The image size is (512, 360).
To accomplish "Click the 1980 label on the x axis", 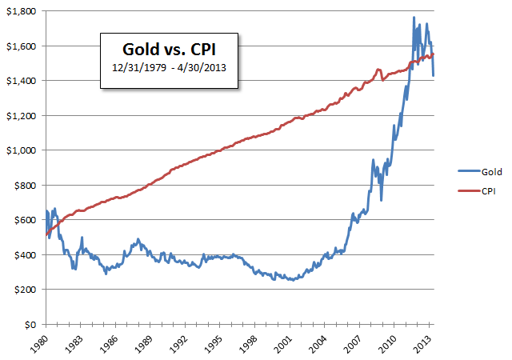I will [x=46, y=341].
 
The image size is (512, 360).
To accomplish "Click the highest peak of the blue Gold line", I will [x=414, y=18].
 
